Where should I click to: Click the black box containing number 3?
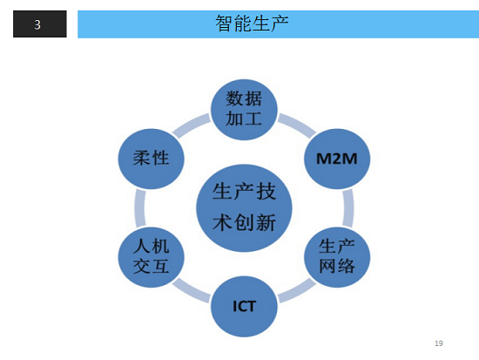[40, 24]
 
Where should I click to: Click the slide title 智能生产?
[252, 24]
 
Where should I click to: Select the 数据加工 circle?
[244, 110]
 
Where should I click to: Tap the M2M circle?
[337, 159]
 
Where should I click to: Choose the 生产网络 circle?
[337, 257]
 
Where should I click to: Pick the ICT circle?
[244, 306]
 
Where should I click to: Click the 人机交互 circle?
[152, 257]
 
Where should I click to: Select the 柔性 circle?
[152, 159]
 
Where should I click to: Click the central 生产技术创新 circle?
[244, 208]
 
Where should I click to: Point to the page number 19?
[439, 343]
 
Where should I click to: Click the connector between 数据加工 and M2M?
[297, 125]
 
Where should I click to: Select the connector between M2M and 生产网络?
[348, 208]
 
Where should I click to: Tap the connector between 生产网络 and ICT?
[297, 291]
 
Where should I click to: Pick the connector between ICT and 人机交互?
[192, 291]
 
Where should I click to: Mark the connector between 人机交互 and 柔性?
[140, 208]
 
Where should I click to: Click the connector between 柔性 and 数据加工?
[192, 125]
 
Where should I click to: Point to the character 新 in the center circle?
[266, 222]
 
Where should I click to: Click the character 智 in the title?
[224, 24]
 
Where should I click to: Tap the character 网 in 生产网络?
[327, 266]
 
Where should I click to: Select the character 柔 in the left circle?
[142, 158]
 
